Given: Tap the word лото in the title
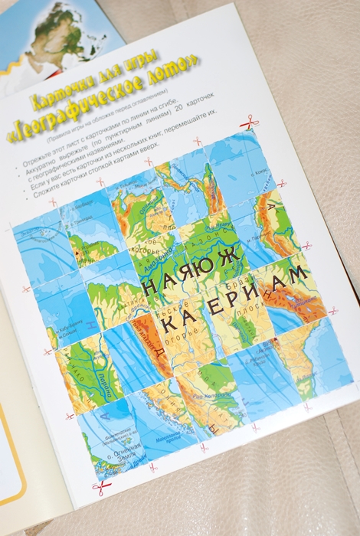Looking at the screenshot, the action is click(x=178, y=72).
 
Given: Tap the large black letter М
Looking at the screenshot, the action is click(x=299, y=273).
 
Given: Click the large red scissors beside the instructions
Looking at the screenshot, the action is click(x=249, y=123).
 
